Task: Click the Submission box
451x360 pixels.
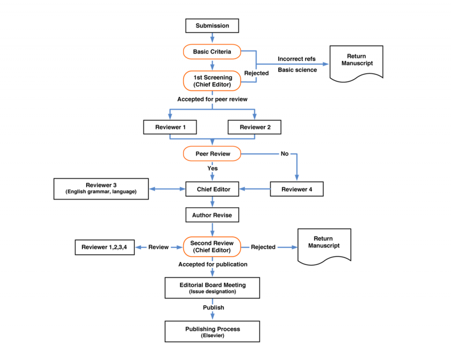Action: coord(212,26)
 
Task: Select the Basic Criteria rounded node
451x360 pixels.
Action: coord(212,52)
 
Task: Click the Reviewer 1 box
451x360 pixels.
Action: coord(170,127)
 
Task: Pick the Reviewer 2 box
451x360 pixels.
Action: coord(254,127)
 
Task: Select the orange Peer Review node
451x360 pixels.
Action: coord(212,154)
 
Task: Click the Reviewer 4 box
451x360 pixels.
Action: coord(296,189)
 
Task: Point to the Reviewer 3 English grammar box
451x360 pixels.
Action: coord(101,188)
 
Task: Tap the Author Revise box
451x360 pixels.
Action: coord(212,216)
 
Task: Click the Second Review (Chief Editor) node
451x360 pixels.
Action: coord(212,246)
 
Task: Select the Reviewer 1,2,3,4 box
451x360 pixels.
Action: coord(104,247)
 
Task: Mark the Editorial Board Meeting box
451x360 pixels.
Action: coord(212,287)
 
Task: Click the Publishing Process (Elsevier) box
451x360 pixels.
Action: coord(212,331)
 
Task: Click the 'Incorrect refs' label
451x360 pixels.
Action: coord(296,59)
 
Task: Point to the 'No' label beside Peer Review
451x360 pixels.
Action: coord(285,154)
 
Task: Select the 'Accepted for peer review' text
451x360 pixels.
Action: coord(212,99)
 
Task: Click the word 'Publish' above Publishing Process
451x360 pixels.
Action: coord(213,308)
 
